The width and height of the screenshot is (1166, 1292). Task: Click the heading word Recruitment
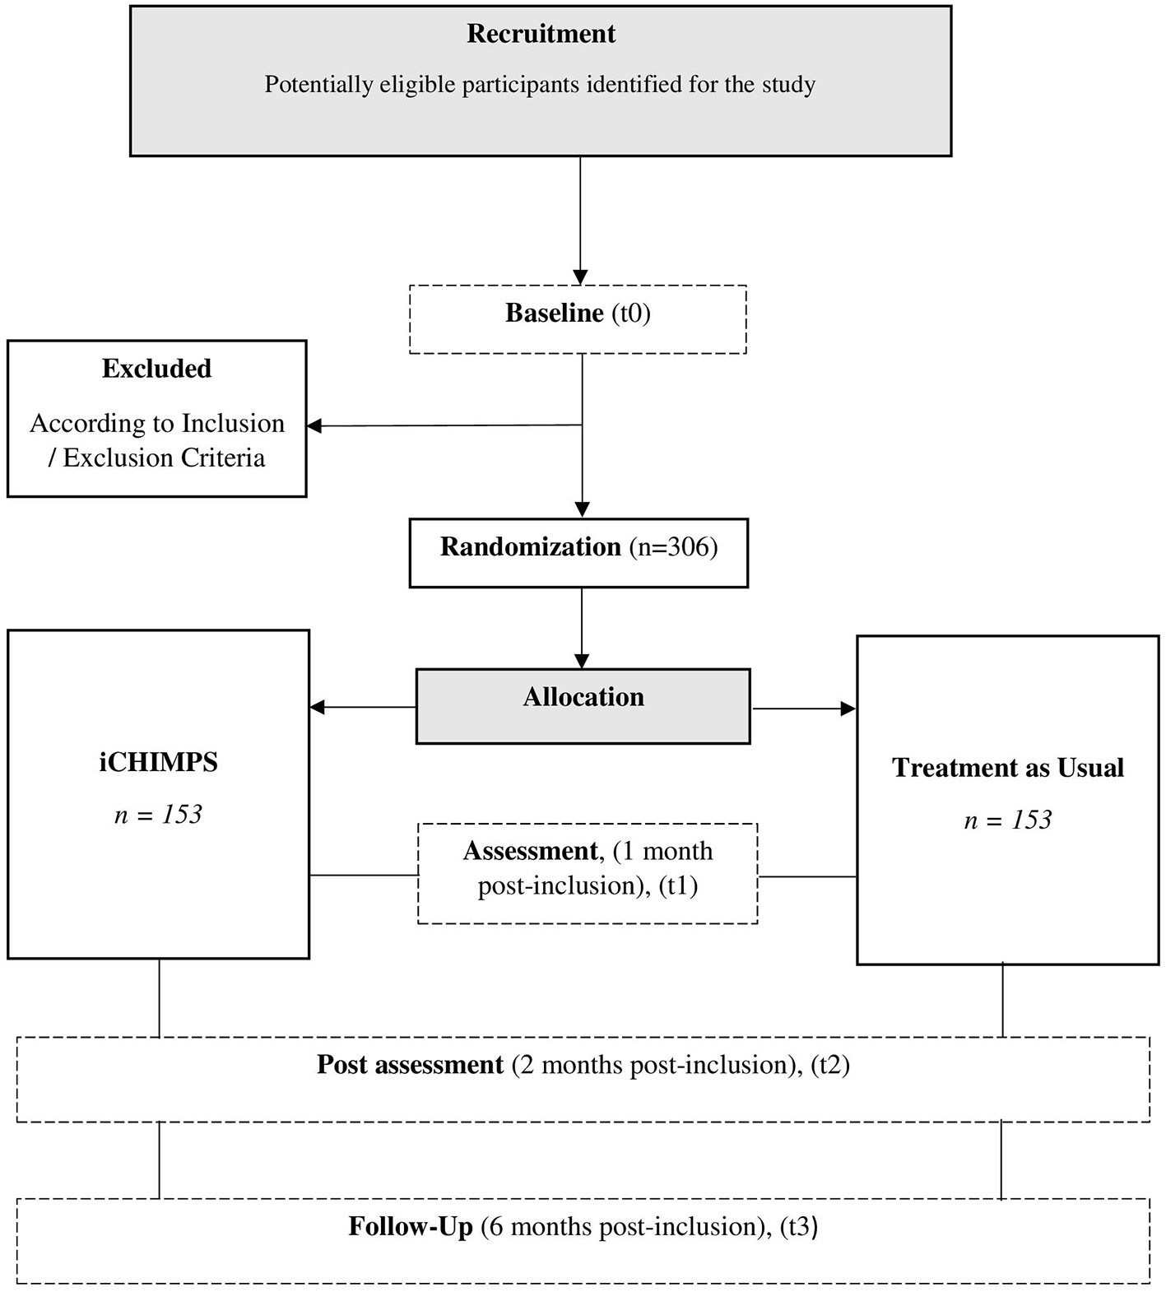click(x=541, y=34)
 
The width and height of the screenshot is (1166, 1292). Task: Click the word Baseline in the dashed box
click(x=554, y=314)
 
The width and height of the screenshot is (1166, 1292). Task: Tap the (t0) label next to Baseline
click(x=631, y=314)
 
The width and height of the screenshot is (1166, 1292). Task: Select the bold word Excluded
click(x=156, y=369)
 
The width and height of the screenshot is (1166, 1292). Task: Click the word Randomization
click(x=530, y=547)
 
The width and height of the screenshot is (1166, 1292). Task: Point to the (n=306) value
click(x=673, y=547)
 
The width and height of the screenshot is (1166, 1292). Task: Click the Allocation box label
click(x=583, y=698)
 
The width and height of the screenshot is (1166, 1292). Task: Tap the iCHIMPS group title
click(x=158, y=763)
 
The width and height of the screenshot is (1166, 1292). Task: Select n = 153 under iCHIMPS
click(x=158, y=815)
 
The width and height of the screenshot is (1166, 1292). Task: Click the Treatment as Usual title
click(x=1007, y=768)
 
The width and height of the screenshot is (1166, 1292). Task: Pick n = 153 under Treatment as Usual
click(x=1007, y=820)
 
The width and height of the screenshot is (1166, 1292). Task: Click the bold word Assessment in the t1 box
click(x=530, y=851)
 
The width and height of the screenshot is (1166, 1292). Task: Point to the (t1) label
click(x=678, y=886)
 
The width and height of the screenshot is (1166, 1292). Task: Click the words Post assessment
click(x=410, y=1065)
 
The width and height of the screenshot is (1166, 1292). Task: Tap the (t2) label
click(x=829, y=1065)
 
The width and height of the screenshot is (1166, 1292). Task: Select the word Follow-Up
click(x=411, y=1227)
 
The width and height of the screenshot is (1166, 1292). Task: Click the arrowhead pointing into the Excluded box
click(x=314, y=426)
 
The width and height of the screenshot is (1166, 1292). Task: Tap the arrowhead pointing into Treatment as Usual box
click(x=848, y=709)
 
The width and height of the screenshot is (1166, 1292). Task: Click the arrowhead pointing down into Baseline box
click(x=580, y=277)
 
